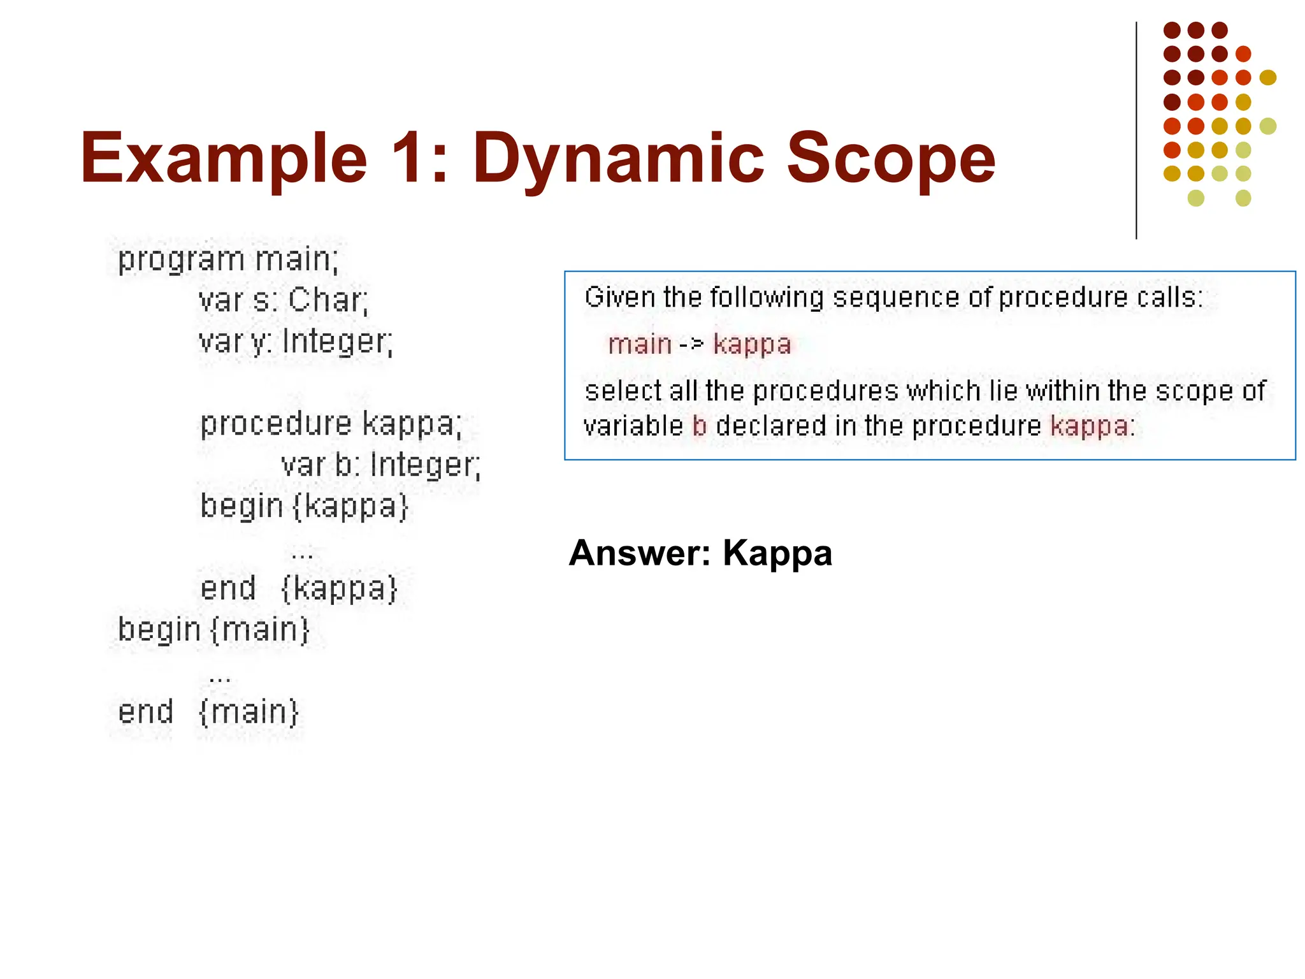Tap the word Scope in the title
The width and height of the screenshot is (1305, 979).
click(890, 157)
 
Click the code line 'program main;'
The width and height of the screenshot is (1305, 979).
click(229, 260)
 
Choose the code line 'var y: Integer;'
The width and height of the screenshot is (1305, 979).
click(296, 342)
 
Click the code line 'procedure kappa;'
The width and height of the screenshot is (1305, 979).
click(331, 423)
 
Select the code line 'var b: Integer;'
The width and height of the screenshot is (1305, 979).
click(380, 465)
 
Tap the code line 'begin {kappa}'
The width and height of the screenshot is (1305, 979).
click(304, 506)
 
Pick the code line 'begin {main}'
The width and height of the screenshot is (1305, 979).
click(213, 630)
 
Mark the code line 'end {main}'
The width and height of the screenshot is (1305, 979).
click(208, 711)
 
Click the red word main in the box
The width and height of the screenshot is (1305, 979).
click(639, 345)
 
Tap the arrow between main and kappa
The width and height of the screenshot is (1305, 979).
click(691, 345)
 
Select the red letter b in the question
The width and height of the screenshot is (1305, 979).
click(699, 426)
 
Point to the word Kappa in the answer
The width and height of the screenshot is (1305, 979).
click(777, 553)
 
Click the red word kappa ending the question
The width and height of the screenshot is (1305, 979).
click(1089, 426)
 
